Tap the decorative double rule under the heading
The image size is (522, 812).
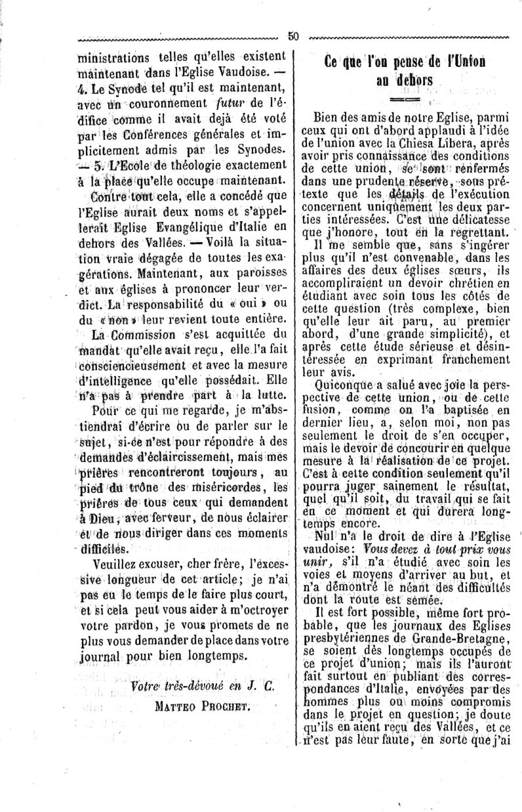tap(404, 100)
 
